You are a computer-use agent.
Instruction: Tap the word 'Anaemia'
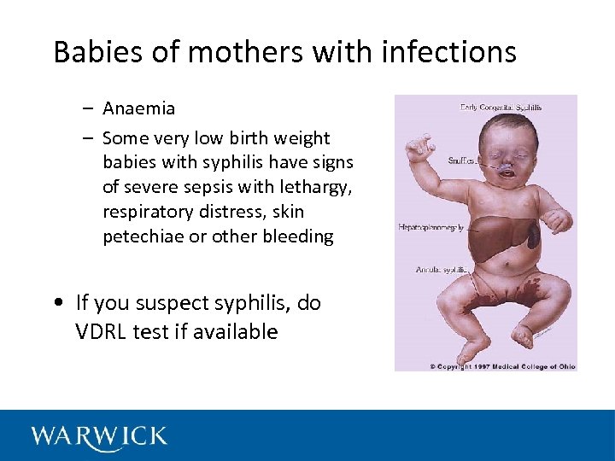pyautogui.click(x=138, y=108)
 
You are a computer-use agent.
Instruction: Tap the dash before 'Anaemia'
pyautogui.click(x=88, y=109)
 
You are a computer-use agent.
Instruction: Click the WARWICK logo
pyautogui.click(x=99, y=437)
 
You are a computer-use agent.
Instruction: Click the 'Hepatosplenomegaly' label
pyautogui.click(x=431, y=227)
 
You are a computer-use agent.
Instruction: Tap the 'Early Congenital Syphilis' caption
pyautogui.click(x=501, y=108)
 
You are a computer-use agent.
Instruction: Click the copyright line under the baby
pyautogui.click(x=502, y=366)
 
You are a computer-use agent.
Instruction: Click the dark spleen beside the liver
pyautogui.click(x=533, y=235)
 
